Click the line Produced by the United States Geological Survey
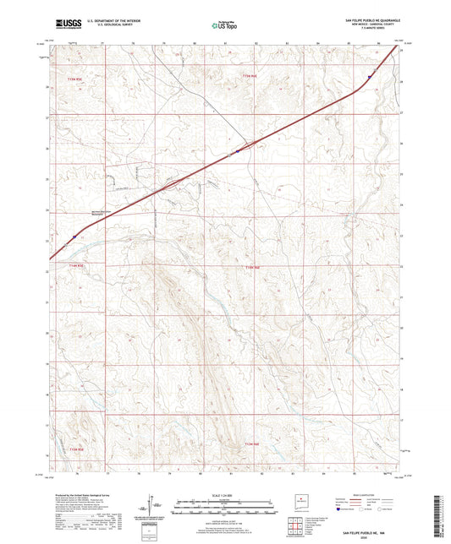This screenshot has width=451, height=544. pos(85,492)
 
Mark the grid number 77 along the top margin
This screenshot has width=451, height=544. pos(102,41)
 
